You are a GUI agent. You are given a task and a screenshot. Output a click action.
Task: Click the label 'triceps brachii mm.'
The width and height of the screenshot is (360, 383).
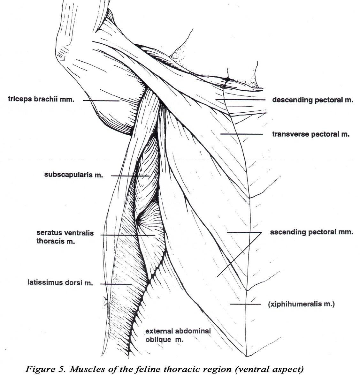pyautogui.click(x=41, y=99)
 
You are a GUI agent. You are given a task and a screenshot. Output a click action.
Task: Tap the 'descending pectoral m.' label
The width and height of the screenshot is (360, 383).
pyautogui.click(x=313, y=100)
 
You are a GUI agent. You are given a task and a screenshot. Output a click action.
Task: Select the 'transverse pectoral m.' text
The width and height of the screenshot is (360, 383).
pyautogui.click(x=311, y=134)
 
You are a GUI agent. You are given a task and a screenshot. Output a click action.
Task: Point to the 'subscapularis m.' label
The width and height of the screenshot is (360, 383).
pyautogui.click(x=73, y=175)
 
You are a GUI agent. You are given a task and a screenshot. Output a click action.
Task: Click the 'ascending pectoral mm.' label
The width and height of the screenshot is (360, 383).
pyautogui.click(x=311, y=232)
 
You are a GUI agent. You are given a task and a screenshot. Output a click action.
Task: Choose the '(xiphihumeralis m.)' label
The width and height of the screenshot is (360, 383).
pyautogui.click(x=301, y=304)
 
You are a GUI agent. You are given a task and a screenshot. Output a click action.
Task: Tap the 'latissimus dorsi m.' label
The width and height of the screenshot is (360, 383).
pyautogui.click(x=60, y=282)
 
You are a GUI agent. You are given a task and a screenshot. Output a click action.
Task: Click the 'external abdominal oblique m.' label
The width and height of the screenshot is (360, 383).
pyautogui.click(x=178, y=335)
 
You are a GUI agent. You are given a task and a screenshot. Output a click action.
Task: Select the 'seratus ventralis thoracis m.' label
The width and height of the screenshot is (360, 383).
pyautogui.click(x=65, y=237)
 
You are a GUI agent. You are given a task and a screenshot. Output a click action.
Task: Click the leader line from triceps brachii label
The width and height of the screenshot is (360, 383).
pyautogui.click(x=101, y=101)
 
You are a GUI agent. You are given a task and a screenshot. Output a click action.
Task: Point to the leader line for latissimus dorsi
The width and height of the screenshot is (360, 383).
pyautogui.click(x=116, y=284)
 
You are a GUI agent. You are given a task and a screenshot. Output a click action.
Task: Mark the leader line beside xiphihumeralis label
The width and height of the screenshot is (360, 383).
pyautogui.click(x=245, y=304)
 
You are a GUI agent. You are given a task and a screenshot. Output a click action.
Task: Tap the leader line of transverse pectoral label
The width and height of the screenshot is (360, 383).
pyautogui.click(x=242, y=134)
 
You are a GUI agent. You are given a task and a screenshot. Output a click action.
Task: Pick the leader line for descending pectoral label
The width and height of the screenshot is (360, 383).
pyautogui.click(x=241, y=100)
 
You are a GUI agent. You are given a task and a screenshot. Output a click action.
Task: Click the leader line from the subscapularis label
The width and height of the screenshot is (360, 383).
pyautogui.click(x=130, y=176)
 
